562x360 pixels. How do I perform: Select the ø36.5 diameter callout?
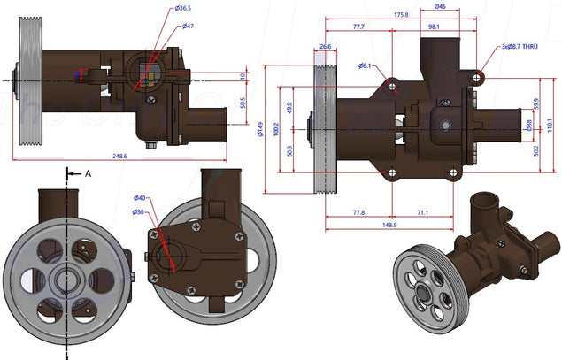[x=184, y=9]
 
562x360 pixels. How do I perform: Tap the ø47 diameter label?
[x=189, y=27]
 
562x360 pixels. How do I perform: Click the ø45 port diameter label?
[x=440, y=7]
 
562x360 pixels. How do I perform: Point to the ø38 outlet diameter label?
[x=529, y=126]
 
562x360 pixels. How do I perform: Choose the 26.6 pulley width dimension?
[x=325, y=46]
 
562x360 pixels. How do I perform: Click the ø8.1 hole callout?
[x=365, y=65]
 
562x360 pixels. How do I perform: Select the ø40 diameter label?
[x=140, y=198]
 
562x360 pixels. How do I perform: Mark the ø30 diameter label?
[x=140, y=212]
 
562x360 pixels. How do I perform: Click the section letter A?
[x=88, y=174]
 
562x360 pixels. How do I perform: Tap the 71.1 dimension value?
[x=422, y=212]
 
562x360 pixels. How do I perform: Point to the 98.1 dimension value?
[x=434, y=27]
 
